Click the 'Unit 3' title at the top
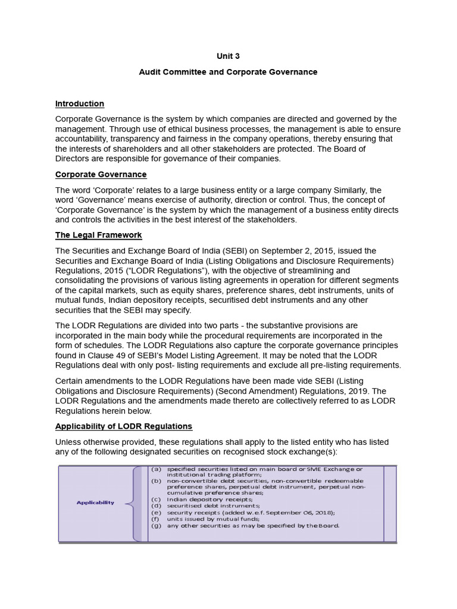click(228, 56)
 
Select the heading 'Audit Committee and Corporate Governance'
click(228, 72)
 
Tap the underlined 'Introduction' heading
click(80, 103)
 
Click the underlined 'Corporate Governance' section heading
click(101, 174)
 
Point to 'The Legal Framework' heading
click(98, 236)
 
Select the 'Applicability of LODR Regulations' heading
click(124, 426)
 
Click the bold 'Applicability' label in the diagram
click(95, 503)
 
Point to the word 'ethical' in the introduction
click(201, 129)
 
